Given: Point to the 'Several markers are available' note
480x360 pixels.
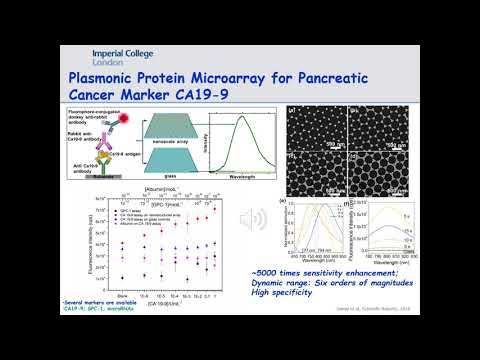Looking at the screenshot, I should tap(94, 299).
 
